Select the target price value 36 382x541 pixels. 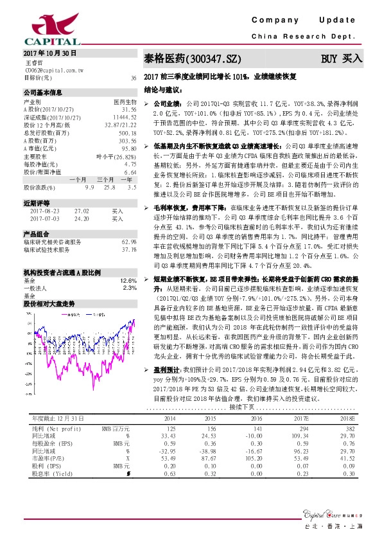pos(134,78)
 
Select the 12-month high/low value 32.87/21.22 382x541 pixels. pos(122,125)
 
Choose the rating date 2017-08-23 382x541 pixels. pos(44,210)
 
